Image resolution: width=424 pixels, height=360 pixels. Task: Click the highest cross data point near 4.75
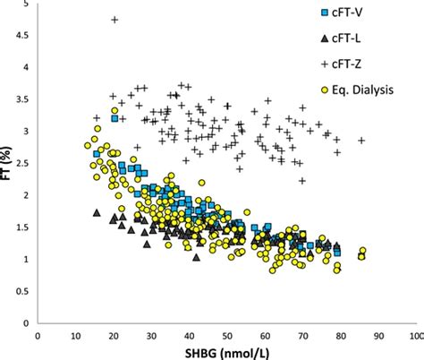pyautogui.click(x=114, y=20)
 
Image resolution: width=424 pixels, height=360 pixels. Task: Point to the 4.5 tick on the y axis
pyautogui.click(x=24, y=35)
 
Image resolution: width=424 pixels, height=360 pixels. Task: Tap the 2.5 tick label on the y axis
pyautogui.click(x=24, y=163)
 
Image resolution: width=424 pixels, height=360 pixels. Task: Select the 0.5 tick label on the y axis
pyautogui.click(x=24, y=291)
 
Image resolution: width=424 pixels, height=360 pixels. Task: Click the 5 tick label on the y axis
pyautogui.click(x=29, y=4)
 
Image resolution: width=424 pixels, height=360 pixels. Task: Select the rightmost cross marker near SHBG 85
pyautogui.click(x=362, y=141)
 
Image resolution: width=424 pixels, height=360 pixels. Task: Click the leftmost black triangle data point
pyautogui.click(x=97, y=213)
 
